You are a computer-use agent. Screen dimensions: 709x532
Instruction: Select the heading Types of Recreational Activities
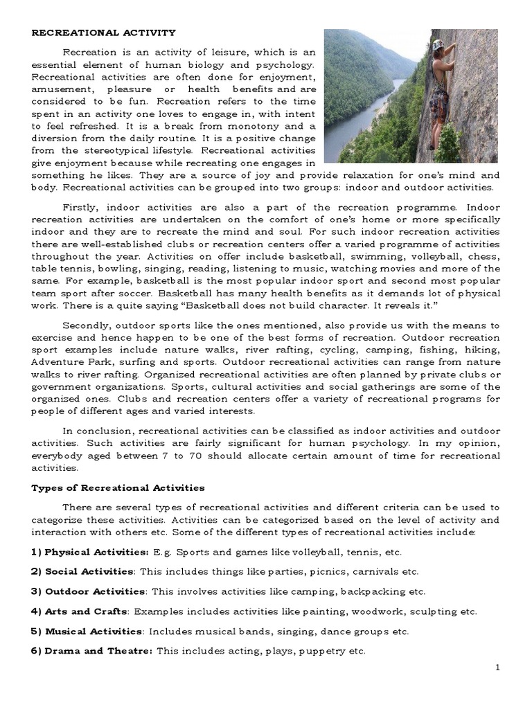pos(118,488)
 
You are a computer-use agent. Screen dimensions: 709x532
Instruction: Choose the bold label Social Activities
pos(89,571)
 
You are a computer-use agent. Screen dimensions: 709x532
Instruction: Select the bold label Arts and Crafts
pos(86,611)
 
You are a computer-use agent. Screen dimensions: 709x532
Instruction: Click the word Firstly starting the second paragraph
pos(82,208)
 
